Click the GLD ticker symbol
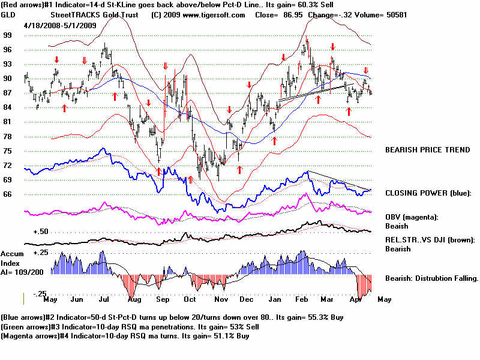8,14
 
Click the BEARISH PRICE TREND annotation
427,150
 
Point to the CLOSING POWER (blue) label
428,193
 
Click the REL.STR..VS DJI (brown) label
430,240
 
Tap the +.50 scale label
40,232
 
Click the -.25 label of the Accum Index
40,293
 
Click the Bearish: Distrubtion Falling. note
431,278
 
